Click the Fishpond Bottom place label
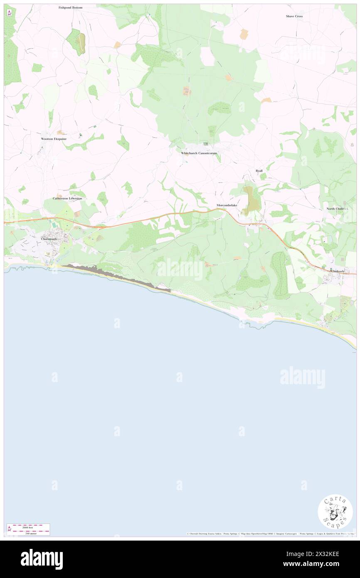point(70,7)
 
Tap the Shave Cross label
point(294,16)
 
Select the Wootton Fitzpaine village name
point(54,138)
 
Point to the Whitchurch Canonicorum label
point(199,153)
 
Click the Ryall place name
point(259,170)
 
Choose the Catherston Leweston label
point(67,198)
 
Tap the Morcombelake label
point(227,205)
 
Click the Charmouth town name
point(52,239)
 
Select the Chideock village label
point(338,271)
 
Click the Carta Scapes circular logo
point(335,511)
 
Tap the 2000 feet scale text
point(28,526)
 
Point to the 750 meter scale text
point(28,533)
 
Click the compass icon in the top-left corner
point(9,13)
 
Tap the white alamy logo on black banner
point(42,559)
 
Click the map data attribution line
point(270,534)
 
